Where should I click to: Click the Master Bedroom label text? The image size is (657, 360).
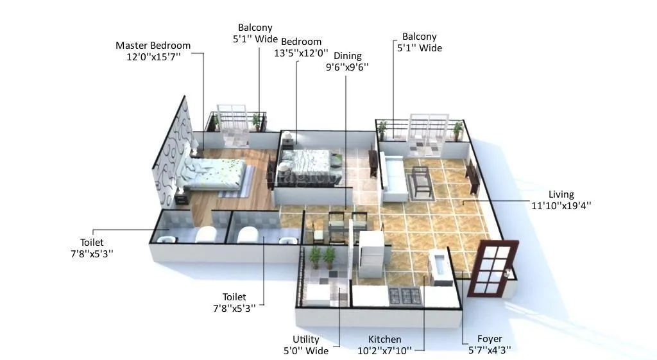click(x=153, y=46)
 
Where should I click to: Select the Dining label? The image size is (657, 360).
click(x=347, y=56)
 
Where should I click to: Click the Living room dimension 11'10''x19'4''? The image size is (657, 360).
click(x=561, y=206)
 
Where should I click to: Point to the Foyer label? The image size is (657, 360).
click(x=490, y=339)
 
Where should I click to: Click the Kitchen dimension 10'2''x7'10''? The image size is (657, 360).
click(x=384, y=350)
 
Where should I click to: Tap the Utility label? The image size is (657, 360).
click(x=306, y=339)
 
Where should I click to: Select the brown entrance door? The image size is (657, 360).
click(x=492, y=267)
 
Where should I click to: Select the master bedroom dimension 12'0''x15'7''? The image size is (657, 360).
click(x=153, y=57)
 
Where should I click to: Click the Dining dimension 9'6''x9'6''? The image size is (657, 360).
click(x=347, y=67)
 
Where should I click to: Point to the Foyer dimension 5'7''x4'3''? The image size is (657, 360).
click(x=490, y=350)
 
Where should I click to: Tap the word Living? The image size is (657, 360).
click(x=561, y=194)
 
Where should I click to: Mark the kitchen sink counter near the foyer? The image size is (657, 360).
click(x=439, y=268)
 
